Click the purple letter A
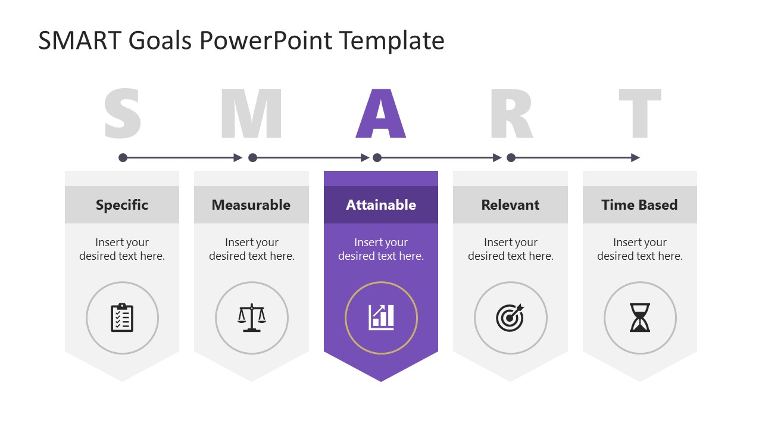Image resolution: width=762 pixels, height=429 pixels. (381, 114)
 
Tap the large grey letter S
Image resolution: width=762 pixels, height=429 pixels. (123, 114)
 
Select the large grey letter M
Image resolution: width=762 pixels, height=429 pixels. (251, 114)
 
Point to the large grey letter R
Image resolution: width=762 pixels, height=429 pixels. (511, 114)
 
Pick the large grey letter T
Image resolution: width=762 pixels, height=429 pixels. (640, 114)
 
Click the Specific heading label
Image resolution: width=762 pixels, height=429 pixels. (122, 205)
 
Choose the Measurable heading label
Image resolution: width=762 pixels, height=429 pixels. (251, 205)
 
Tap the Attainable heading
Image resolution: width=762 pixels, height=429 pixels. (381, 205)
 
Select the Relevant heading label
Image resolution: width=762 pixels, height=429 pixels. (510, 205)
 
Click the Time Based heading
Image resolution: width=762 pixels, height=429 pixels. (639, 205)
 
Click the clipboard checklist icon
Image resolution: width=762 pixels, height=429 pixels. (122, 318)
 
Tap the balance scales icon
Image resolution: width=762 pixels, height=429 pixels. (252, 318)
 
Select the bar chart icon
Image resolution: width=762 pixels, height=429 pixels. (381, 318)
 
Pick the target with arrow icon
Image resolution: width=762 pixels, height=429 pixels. (510, 318)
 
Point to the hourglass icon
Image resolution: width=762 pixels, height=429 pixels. (640, 318)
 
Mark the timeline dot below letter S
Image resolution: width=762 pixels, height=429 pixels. (123, 158)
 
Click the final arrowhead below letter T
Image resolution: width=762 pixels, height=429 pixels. (635, 158)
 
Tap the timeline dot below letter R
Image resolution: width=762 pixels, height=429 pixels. (511, 158)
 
